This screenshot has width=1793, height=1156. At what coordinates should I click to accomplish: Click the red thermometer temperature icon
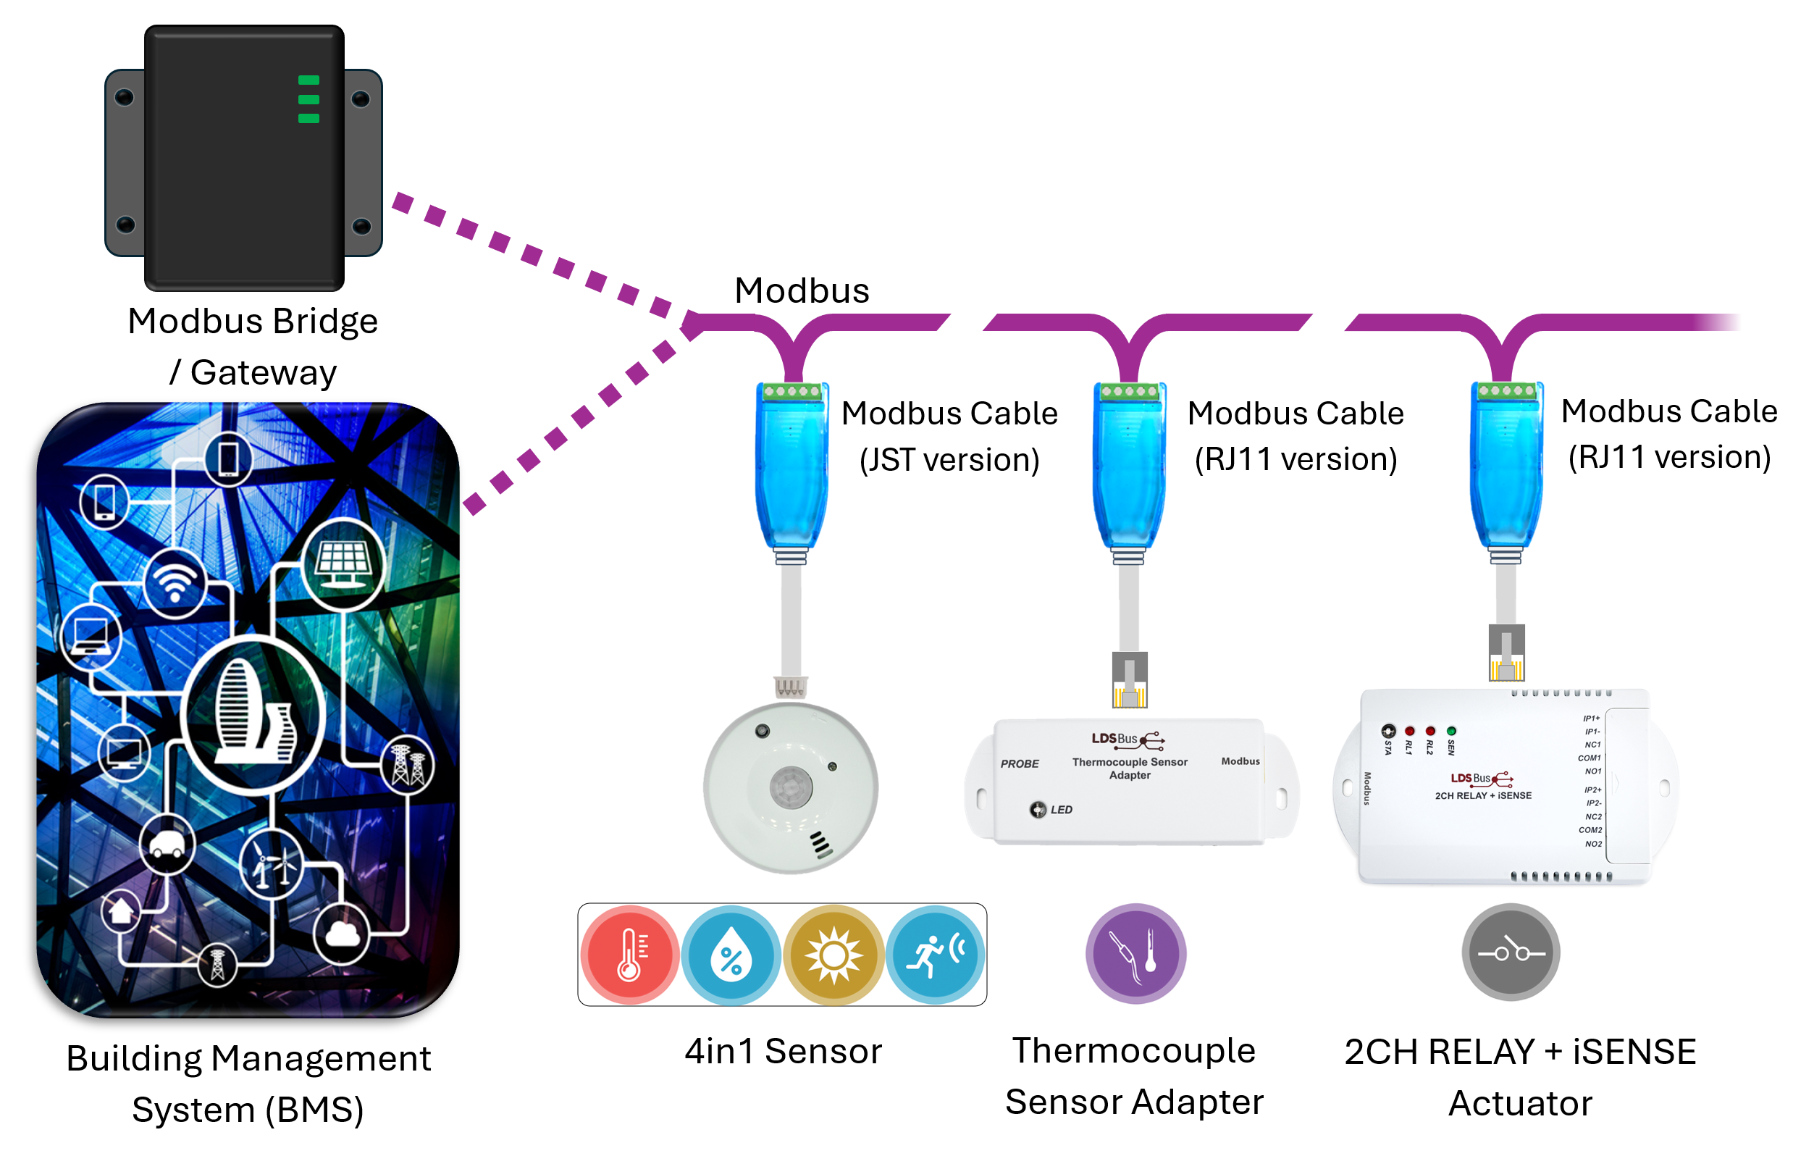point(629,955)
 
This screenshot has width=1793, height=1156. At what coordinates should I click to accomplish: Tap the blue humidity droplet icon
point(730,955)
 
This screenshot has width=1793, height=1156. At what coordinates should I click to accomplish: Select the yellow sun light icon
point(833,955)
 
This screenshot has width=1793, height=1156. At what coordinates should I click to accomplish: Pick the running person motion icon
point(934,955)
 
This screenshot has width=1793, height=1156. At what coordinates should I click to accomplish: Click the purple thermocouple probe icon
point(1135,953)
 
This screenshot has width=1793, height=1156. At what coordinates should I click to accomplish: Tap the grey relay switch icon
point(1510,952)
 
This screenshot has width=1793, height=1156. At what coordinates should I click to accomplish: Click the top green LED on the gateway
point(308,80)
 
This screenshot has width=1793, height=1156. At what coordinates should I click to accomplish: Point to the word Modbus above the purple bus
point(802,290)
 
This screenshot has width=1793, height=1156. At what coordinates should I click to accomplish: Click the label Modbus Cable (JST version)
point(949,435)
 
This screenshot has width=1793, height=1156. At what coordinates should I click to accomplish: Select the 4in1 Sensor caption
point(783,1051)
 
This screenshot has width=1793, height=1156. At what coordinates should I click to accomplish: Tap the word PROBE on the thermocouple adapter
point(1019,763)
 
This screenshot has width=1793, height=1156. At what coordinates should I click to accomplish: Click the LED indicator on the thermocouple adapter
point(1037,809)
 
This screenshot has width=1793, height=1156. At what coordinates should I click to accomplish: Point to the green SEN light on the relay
point(1450,731)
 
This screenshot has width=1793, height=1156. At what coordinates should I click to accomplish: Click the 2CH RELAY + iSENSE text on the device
point(1483,796)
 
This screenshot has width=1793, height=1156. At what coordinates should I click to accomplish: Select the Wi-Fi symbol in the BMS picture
point(175,583)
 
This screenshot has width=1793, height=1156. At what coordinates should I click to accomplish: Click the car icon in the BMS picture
point(167,845)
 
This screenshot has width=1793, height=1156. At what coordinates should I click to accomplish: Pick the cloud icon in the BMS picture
point(343,934)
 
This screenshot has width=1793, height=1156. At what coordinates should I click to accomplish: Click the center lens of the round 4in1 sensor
point(790,787)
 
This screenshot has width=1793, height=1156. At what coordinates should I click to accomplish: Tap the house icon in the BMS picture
point(121,910)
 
